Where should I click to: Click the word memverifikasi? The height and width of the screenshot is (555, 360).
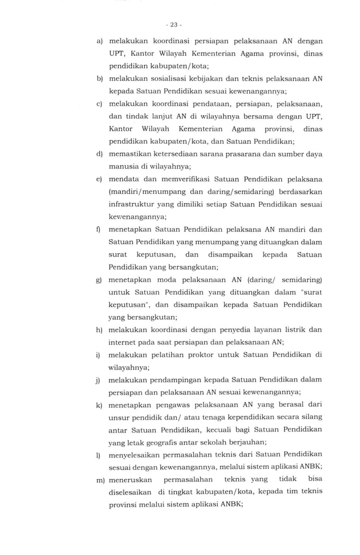(181, 179)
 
